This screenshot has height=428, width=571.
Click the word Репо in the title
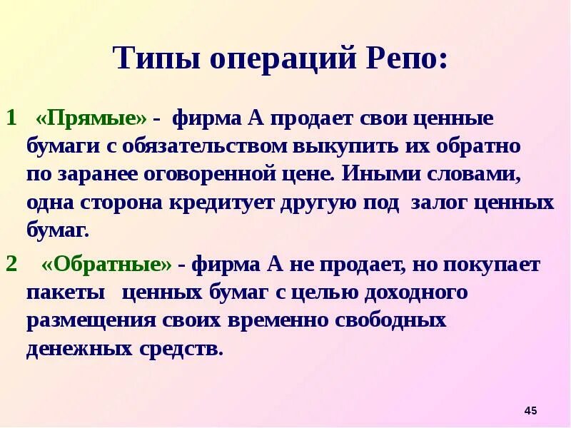point(406,58)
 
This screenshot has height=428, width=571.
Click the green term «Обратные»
point(107,265)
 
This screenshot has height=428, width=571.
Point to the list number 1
point(11,117)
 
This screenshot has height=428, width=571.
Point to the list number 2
point(11,265)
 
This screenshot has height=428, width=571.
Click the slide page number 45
point(530,411)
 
